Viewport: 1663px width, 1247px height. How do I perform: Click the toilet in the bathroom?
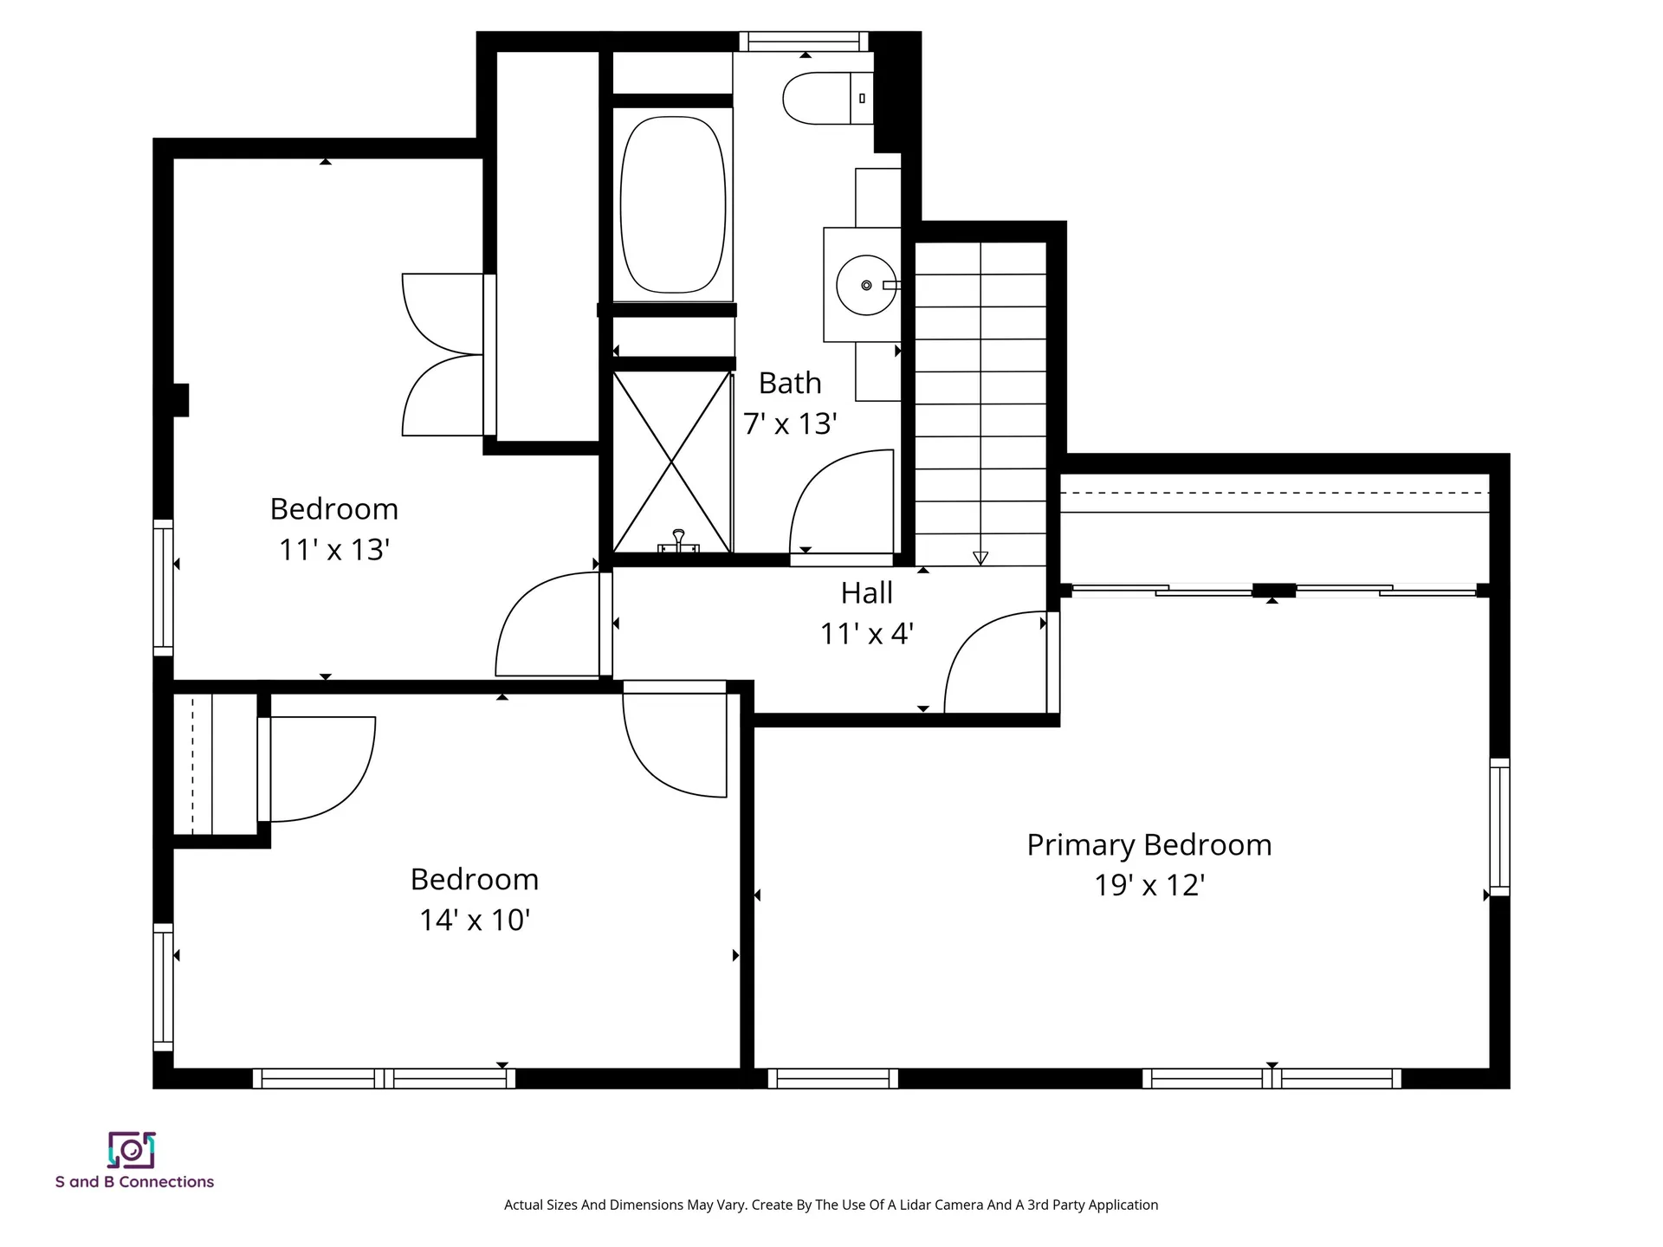click(x=828, y=98)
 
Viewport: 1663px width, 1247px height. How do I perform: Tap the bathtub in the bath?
click(x=673, y=204)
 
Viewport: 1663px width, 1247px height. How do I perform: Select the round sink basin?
click(x=866, y=285)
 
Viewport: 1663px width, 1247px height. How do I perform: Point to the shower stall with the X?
click(x=672, y=462)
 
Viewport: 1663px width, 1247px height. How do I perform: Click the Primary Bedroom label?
click(x=1149, y=844)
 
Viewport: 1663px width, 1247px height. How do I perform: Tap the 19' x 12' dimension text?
click(x=1149, y=885)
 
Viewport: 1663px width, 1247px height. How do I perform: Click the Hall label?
click(x=866, y=593)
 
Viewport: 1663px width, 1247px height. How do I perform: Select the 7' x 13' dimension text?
click(x=790, y=423)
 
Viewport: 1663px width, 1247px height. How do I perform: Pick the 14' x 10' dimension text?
click(x=475, y=920)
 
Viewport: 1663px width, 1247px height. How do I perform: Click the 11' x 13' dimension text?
click(x=334, y=550)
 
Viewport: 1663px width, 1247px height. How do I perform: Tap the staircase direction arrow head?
click(x=980, y=559)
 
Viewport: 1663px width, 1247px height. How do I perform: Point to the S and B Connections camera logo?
click(x=131, y=1150)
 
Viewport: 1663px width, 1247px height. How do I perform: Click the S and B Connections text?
click(x=134, y=1182)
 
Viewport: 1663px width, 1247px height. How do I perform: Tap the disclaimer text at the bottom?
click(x=831, y=1205)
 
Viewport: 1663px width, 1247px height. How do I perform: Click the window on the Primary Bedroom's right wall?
click(x=1499, y=827)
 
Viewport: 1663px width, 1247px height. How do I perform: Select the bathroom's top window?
click(x=804, y=41)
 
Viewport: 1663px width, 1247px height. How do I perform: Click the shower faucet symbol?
click(x=678, y=541)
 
